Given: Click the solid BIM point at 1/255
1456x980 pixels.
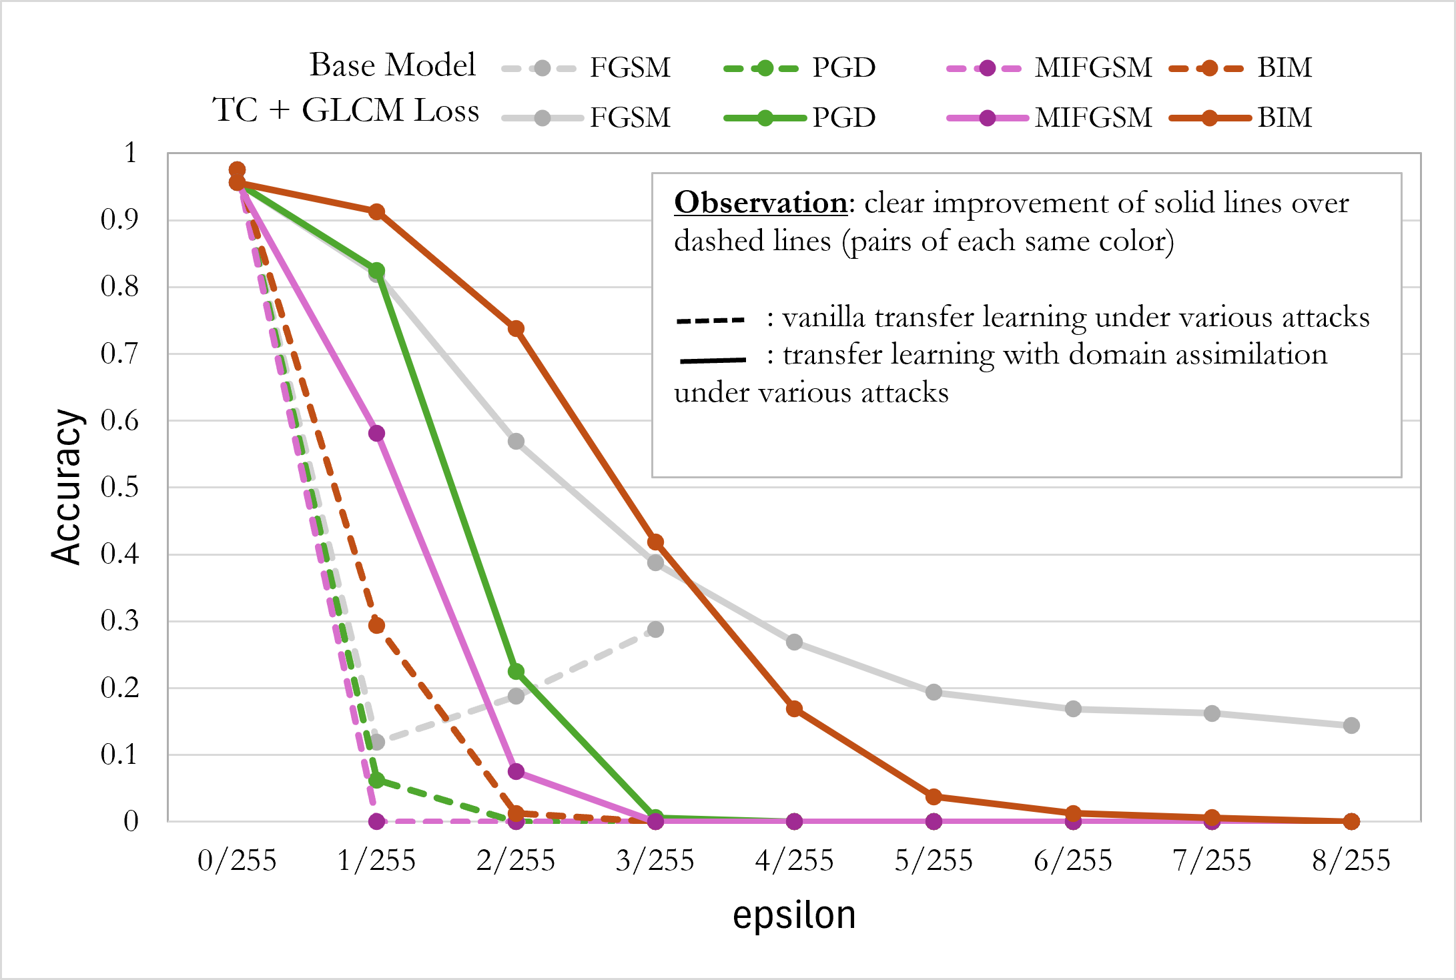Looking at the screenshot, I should pos(376,211).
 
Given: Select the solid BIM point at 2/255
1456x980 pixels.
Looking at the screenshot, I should pos(516,328).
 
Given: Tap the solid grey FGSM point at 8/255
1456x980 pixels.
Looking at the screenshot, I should pos(1351,725).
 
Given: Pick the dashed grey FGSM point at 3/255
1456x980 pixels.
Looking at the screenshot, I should pos(655,629).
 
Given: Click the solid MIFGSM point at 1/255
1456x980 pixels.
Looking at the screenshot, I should pos(376,433).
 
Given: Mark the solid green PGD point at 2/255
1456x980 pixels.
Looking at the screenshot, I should pos(516,671).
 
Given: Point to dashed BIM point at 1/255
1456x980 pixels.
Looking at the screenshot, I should pos(376,625).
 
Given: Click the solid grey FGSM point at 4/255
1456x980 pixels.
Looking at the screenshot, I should pos(794,642).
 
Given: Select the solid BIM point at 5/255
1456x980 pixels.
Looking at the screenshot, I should pos(934,797).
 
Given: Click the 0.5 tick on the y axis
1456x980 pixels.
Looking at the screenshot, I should pos(119,488).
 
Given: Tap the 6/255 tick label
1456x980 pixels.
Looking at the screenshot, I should pos(1072,861).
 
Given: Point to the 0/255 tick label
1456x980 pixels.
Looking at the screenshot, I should pos(237,861).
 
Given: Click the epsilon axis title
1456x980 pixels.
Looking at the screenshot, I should pos(794,915).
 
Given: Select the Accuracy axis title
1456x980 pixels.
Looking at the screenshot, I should pos(67,487).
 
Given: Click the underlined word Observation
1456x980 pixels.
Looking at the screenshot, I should pos(760,202).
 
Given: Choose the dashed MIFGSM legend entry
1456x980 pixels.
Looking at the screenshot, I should pos(1049,67).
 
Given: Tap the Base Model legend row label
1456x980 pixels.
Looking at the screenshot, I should pos(392,65).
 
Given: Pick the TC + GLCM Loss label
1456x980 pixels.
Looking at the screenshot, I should pos(346,110).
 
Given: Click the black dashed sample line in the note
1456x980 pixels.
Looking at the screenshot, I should pos(711,320).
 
